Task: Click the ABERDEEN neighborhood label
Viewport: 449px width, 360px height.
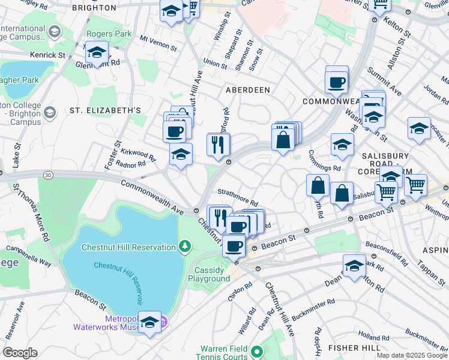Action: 247,89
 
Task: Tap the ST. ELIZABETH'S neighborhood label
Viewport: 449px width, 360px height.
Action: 106,110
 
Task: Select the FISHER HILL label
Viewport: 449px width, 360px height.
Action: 353,348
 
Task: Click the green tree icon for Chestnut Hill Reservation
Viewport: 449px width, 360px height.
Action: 185,246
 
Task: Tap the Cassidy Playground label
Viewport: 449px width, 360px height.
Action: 209,274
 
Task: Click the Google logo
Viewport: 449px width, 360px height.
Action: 20,353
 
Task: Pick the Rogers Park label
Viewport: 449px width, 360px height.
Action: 109,34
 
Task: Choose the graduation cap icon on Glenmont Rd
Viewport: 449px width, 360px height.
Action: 97,53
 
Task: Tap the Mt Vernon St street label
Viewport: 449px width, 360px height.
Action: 158,43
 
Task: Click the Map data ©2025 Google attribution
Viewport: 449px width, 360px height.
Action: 412,355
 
